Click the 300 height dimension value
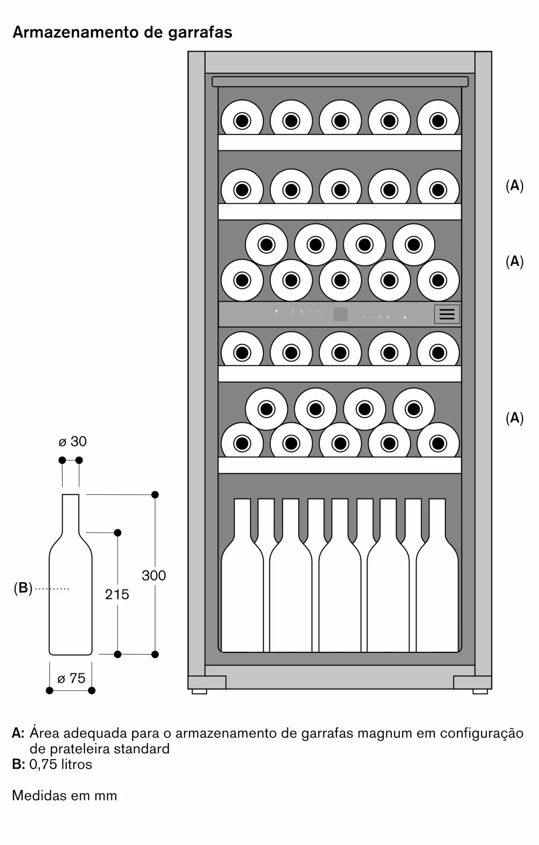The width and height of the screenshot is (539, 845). pos(154,575)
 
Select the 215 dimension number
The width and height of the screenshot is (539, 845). pos(117,594)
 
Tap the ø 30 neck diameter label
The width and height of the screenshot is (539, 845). pos(73,442)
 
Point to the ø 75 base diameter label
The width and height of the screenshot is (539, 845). pos(71,678)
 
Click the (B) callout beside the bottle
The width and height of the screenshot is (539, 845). pos(23,588)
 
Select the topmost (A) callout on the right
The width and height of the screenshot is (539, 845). pos(515,185)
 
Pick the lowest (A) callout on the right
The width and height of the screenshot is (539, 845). pos(515,418)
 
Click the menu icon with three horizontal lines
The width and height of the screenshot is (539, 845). pos(447,314)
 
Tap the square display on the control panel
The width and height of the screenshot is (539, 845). pos(341,314)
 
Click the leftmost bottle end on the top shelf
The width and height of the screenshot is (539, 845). pos(242,121)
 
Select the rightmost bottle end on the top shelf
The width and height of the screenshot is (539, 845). pos(438,121)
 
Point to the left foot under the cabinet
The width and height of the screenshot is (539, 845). pos(199,692)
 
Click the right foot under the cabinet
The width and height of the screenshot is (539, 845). pos(480,692)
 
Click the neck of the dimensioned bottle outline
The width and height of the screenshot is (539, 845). pos(70,513)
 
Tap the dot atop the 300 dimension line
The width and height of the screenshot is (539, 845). pos(155,495)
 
